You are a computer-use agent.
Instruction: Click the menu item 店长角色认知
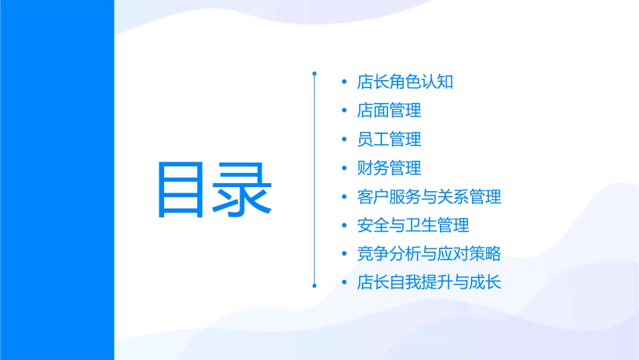[405, 82]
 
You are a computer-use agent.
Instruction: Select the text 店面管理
[389, 110]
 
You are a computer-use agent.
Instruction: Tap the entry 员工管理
[389, 139]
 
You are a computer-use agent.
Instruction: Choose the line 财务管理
[389, 168]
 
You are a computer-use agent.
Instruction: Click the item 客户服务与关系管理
[428, 197]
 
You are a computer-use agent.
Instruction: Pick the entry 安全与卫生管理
[413, 225]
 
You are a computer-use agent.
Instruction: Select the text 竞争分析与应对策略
[428, 254]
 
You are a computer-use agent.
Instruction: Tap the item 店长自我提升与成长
[428, 283]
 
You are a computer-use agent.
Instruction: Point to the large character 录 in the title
[243, 190]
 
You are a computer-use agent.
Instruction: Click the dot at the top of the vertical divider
[314, 72]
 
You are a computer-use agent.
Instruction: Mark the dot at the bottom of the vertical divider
[314, 286]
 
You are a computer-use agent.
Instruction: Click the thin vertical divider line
[314, 179]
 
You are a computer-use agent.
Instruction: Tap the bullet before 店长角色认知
[344, 83]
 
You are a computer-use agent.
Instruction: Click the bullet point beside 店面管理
[344, 111]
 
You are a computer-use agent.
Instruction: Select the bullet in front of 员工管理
[344, 140]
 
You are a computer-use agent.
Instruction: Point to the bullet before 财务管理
[344, 169]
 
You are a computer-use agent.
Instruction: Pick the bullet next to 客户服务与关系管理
[344, 198]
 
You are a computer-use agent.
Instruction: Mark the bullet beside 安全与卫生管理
[344, 226]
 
